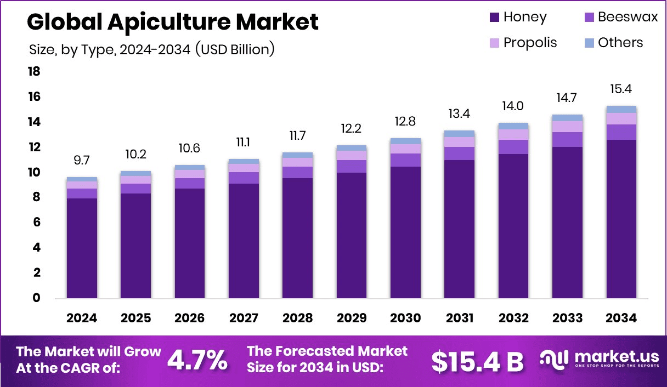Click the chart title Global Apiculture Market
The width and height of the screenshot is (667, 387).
[172, 22]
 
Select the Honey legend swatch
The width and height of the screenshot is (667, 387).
[495, 18]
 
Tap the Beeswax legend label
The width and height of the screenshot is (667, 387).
[628, 17]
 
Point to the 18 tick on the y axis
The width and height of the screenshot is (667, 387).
[34, 72]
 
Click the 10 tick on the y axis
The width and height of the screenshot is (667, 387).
[34, 173]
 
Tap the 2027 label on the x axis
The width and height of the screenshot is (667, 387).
[244, 318]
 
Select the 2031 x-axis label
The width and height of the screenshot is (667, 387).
[459, 318]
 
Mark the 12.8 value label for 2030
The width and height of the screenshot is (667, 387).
[405, 121]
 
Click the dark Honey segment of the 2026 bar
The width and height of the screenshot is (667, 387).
[189, 243]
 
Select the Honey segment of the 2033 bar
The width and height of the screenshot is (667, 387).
[567, 223]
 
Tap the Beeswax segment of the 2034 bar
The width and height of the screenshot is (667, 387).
[621, 132]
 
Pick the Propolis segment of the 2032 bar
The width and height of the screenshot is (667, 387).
[513, 134]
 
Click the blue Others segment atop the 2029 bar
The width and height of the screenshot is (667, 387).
[351, 147]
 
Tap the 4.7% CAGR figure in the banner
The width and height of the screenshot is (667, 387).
[197, 360]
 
